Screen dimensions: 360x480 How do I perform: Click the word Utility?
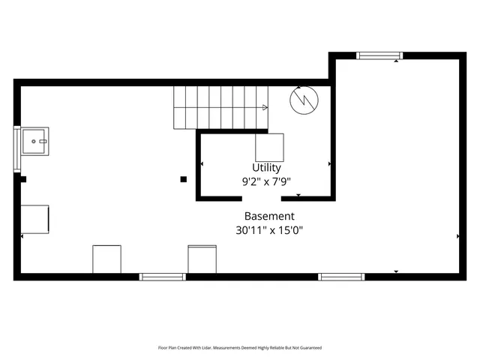[267, 168]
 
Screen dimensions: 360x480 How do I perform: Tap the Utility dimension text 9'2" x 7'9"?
[266, 181]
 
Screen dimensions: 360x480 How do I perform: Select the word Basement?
[269, 216]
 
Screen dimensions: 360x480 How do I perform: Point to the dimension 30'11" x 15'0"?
[269, 230]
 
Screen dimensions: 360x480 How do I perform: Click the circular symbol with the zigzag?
[305, 100]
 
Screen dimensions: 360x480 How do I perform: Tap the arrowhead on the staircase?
[265, 107]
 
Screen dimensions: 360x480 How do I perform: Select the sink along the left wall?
[34, 140]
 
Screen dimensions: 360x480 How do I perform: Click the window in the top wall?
[379, 55]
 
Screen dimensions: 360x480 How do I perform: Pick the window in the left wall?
[16, 149]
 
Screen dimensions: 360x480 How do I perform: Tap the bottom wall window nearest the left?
[162, 277]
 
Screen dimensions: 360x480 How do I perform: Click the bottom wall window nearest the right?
[341, 277]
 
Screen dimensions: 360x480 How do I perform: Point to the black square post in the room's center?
[183, 179]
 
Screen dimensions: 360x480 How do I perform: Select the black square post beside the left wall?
[23, 179]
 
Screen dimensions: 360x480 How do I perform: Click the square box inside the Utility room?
[270, 147]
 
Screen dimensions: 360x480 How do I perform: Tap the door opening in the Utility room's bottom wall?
[261, 199]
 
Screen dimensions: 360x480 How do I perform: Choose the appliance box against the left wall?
[35, 219]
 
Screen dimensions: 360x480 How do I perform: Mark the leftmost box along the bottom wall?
[106, 259]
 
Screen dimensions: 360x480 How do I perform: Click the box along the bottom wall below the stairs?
[202, 259]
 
